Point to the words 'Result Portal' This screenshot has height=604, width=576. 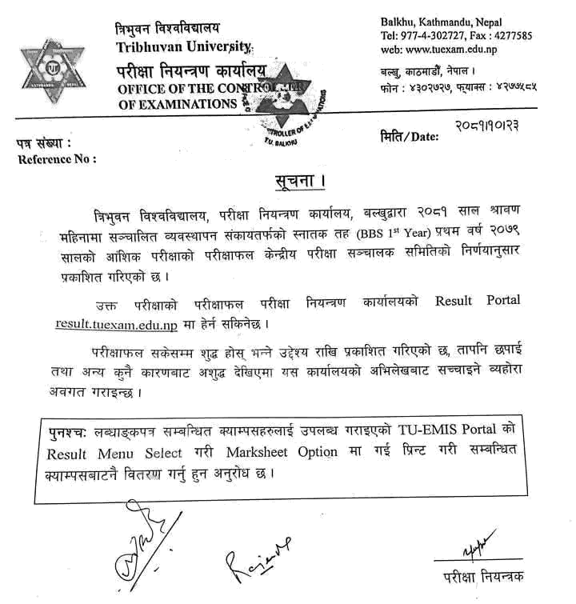(477, 302)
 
